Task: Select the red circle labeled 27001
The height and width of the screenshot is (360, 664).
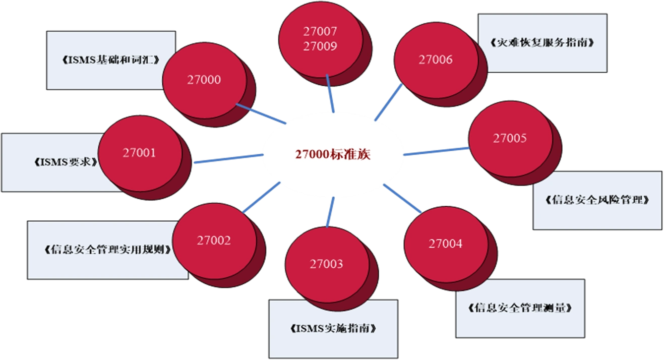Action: [x=139, y=153]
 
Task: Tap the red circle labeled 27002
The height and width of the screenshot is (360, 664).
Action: [x=214, y=241]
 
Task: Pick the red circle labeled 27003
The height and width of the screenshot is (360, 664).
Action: [x=326, y=264]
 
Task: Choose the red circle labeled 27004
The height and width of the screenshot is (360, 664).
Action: [x=445, y=244]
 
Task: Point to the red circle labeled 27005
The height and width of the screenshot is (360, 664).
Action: [x=509, y=139]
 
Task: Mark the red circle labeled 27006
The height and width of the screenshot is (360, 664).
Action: [x=435, y=60]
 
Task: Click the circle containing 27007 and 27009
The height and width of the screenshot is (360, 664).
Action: [x=320, y=39]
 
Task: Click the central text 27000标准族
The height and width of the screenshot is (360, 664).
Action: [x=333, y=154]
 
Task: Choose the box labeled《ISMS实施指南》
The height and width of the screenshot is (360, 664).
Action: [x=333, y=329]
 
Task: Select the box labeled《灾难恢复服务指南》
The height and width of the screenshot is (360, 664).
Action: [x=542, y=42]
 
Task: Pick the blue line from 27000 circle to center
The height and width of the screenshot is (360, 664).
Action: [x=261, y=114]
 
